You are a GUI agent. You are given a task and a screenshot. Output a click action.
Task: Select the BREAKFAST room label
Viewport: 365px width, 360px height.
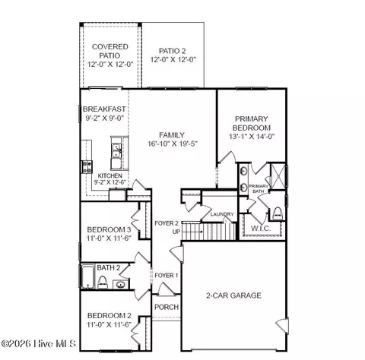104,109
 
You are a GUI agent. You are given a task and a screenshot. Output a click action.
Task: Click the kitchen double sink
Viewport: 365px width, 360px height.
117,155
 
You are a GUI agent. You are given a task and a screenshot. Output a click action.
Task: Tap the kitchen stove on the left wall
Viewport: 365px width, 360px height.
86,166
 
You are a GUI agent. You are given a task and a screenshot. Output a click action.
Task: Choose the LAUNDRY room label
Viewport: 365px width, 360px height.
222,215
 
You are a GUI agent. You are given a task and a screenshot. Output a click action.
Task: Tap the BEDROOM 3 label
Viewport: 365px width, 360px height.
108,229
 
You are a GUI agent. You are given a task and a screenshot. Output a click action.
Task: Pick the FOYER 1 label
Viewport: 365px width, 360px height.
166,275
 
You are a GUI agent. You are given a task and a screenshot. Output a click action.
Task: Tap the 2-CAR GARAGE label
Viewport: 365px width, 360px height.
233,295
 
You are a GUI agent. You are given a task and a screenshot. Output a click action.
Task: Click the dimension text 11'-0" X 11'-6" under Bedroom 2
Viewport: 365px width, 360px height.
109,324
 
